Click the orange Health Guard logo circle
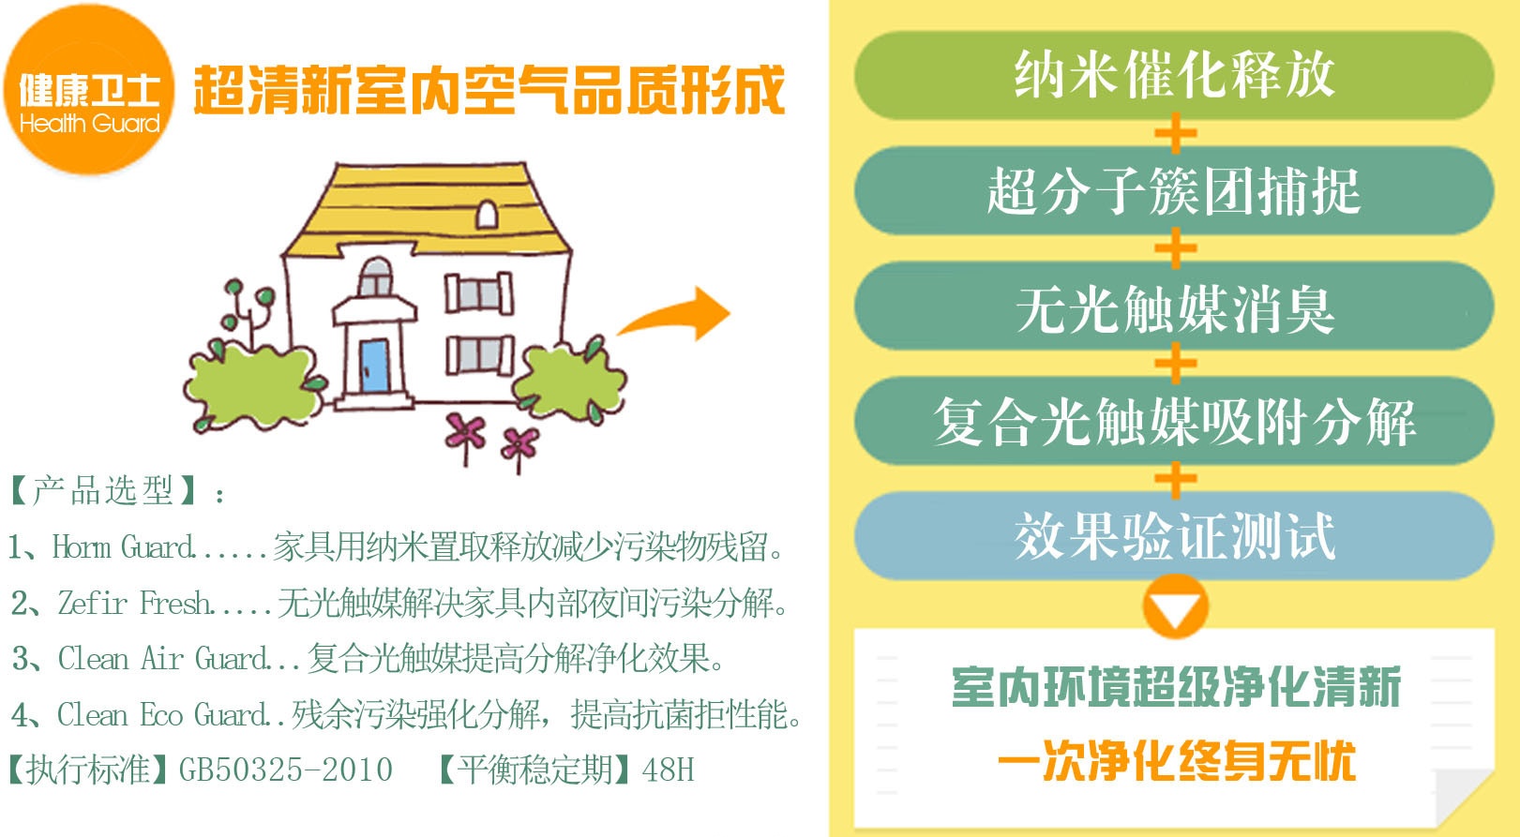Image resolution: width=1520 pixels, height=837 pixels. [89, 89]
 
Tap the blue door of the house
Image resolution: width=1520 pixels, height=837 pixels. [374, 366]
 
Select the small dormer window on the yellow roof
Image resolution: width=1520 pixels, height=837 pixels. [487, 215]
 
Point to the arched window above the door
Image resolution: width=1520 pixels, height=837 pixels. [375, 277]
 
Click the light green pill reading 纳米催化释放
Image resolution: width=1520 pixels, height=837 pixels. [1174, 75]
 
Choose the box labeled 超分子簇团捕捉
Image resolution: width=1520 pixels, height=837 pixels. [1174, 190]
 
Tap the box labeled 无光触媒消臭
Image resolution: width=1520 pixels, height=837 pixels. [1174, 306]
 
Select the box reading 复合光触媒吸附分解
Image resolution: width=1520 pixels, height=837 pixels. [1174, 421]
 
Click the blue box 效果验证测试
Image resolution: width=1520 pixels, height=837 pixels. [1174, 536]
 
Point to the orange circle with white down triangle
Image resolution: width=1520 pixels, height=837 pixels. [1175, 606]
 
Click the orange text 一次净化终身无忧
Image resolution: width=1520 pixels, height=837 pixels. [1177, 760]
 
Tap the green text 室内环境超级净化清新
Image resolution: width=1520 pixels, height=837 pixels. [1177, 686]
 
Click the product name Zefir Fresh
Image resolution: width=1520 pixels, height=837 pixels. [134, 603]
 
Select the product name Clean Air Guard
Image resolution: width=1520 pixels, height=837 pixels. [163, 658]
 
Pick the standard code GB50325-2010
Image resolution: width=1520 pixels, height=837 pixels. [286, 770]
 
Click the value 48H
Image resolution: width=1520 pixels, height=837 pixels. [669, 770]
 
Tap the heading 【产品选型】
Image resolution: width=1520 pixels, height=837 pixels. [104, 490]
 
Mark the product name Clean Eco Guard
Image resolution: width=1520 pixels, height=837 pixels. [163, 714]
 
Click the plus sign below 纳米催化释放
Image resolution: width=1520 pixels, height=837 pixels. [1175, 133]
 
